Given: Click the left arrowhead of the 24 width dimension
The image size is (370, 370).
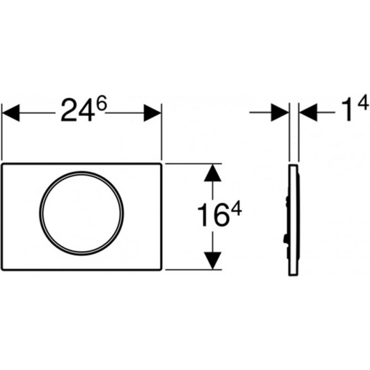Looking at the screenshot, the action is click(11, 113).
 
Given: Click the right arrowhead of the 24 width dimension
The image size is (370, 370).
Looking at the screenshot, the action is click(153, 113).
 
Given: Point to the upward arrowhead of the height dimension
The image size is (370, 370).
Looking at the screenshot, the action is click(213, 173).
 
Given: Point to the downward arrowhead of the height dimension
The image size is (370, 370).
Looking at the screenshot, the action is click(213, 261).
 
